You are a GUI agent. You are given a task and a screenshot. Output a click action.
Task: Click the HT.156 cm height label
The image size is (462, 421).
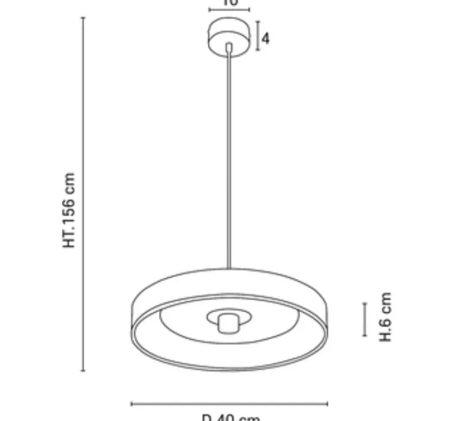point(70,211)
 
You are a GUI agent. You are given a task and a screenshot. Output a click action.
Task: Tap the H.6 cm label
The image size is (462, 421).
point(386,317)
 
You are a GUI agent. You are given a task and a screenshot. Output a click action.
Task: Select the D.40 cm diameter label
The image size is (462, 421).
point(230,417)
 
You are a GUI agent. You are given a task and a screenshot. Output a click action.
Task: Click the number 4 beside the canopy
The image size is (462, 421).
point(266,38)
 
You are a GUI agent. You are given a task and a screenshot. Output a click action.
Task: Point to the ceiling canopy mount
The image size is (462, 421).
point(229,36)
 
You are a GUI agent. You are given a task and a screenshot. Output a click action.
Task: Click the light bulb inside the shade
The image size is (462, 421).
point(227,323)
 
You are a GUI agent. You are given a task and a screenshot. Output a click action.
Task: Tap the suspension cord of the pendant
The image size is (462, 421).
point(228,161)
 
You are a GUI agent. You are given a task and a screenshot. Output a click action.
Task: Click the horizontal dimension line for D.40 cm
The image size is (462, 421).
point(229,404)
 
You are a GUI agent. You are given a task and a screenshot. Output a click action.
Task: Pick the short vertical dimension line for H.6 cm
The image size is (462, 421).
point(365,319)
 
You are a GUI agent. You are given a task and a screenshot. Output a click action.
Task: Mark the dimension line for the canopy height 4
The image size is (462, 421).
point(258,36)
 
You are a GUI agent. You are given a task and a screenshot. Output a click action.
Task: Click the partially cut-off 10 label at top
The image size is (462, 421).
point(230,3)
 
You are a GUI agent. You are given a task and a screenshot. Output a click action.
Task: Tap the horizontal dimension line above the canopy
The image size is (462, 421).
point(229,10)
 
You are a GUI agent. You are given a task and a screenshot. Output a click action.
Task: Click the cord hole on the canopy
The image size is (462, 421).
point(229,46)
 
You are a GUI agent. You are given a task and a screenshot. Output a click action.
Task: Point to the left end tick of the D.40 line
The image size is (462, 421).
point(131,404)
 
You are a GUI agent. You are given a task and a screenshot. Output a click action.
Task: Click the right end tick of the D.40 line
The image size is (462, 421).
point(327,404)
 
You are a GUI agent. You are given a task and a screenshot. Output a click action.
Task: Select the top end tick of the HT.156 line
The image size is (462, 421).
point(83,18)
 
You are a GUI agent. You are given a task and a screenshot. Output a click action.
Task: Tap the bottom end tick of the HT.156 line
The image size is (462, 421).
point(83,371)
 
